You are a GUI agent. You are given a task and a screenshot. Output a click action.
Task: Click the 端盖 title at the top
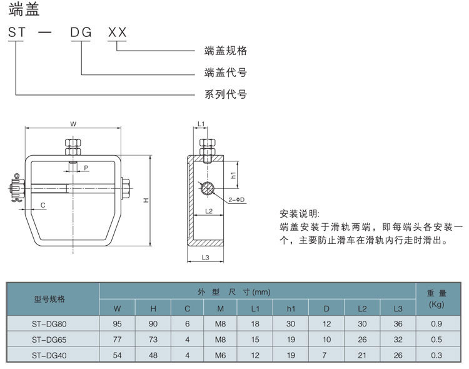point(21,10)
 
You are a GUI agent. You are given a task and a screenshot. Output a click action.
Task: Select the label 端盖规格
point(226,51)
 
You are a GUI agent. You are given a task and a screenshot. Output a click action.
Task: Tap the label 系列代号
point(226,94)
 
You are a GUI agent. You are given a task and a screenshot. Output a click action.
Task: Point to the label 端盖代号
point(226,73)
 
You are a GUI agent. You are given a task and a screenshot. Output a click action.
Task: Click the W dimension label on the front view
point(73,124)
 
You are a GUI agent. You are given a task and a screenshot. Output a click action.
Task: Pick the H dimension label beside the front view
point(145,200)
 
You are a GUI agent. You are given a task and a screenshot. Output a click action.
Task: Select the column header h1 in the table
point(291,308)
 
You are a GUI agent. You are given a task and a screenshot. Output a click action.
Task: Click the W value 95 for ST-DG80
point(118,323)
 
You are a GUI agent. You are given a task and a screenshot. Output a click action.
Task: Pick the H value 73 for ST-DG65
point(153,340)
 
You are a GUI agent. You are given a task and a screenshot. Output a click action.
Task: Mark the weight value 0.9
point(436,323)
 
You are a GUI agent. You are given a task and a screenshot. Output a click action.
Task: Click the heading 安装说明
point(300,214)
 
